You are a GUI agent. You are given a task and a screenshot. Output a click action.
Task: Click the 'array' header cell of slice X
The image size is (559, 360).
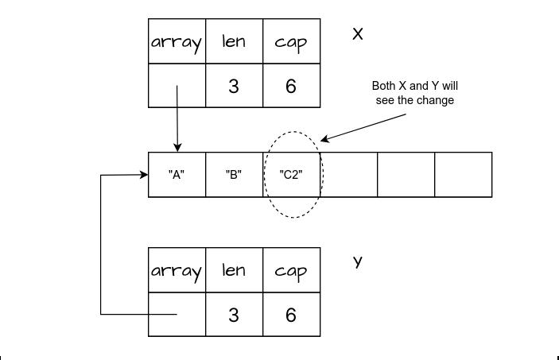[177, 41]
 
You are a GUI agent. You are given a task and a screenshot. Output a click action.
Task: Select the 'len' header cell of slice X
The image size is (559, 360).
[234, 41]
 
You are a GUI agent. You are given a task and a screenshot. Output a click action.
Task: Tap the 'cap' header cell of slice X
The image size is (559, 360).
[291, 41]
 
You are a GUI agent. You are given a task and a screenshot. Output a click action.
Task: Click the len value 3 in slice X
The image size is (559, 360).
[234, 86]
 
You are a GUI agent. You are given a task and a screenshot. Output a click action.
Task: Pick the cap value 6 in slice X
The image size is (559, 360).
[291, 86]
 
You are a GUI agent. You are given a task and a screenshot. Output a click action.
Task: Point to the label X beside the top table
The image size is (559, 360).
[358, 34]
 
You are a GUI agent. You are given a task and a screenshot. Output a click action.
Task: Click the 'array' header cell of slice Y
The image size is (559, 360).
[177, 270]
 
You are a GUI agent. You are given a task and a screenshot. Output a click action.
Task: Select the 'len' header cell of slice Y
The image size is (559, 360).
[234, 270]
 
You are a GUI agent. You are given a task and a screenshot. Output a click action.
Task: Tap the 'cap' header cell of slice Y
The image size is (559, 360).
[291, 270]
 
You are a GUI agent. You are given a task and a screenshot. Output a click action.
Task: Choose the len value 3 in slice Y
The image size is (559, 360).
[234, 315]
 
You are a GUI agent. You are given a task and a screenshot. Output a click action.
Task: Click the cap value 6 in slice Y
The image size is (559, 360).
[291, 315]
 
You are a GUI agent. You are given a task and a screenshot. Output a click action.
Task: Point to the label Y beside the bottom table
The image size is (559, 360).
[358, 261]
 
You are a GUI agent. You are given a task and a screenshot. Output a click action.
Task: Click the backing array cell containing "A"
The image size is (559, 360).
[177, 175]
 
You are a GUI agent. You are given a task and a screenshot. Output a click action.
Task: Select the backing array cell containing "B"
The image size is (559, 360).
[234, 175]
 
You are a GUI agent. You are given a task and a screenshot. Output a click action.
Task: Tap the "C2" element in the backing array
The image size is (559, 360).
[291, 175]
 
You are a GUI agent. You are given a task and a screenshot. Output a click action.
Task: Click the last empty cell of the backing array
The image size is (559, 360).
[463, 175]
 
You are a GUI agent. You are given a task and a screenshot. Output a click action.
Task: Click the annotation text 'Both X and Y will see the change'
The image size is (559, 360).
[414, 93]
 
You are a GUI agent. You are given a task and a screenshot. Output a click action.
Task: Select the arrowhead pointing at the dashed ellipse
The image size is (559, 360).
[324, 140]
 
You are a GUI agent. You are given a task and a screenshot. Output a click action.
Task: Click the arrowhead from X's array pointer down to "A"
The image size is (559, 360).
[177, 147]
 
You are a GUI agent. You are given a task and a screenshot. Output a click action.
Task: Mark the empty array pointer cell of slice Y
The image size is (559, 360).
[177, 315]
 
